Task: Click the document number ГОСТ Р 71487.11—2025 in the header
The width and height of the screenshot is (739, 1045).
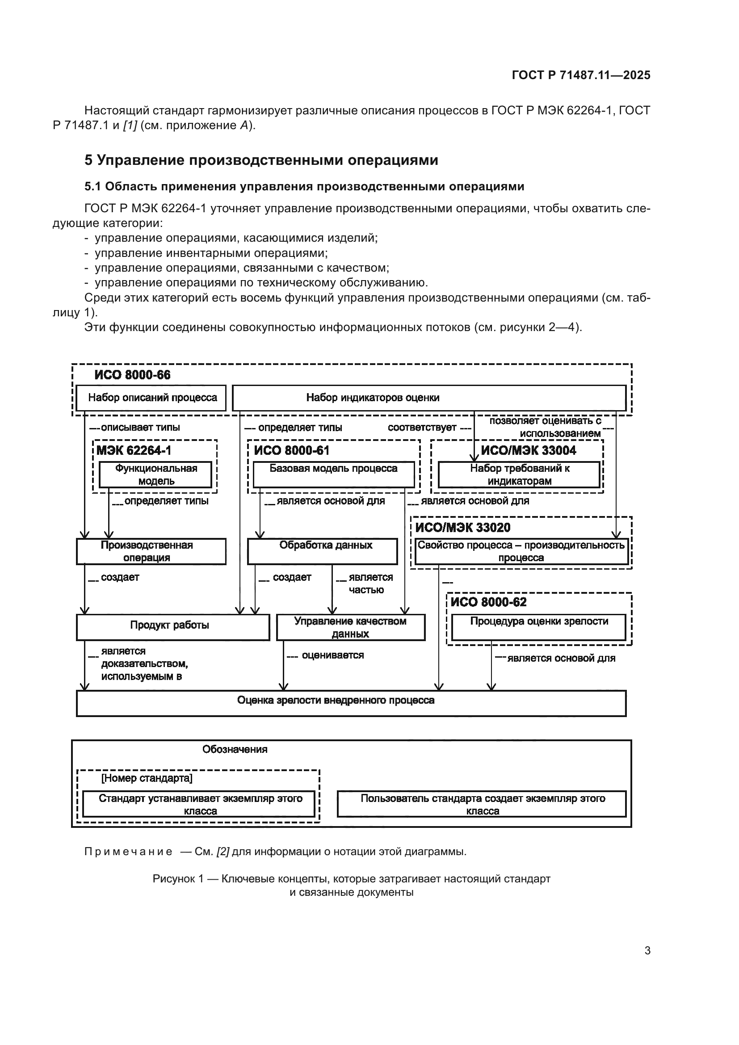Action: point(581,75)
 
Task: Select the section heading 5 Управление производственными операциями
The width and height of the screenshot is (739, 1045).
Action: point(261,160)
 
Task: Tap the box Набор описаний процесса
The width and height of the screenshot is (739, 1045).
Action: point(152,398)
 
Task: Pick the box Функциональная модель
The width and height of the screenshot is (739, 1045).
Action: point(155,475)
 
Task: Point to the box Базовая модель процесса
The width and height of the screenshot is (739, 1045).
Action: point(333,474)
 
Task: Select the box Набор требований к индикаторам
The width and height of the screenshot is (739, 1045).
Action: point(519,475)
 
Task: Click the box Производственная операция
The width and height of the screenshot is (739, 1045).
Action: point(151,552)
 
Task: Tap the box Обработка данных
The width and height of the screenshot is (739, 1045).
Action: point(322,552)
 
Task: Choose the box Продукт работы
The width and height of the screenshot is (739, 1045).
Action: point(173,627)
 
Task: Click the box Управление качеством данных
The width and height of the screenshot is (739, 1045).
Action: point(350,627)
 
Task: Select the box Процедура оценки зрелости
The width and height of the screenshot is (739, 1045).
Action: point(539,627)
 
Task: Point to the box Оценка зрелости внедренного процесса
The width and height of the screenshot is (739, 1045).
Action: point(351,703)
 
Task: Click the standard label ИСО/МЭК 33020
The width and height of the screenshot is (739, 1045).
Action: point(463,528)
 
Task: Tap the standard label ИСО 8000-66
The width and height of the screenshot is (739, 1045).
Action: point(132,375)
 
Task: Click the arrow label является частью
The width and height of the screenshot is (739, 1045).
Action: point(370,583)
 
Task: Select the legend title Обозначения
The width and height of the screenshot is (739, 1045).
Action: point(235,750)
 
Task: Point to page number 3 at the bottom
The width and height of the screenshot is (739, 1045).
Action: point(647,951)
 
